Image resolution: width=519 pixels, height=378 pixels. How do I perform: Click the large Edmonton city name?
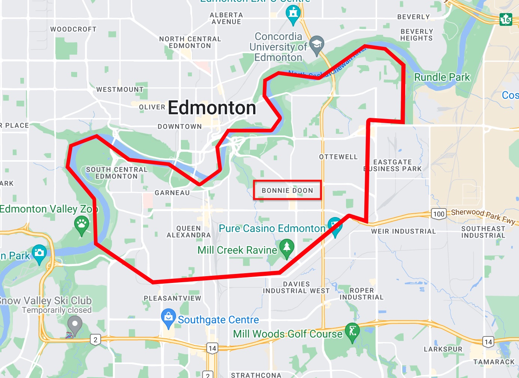point(212,108)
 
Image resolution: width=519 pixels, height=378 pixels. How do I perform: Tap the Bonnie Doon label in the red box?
point(287,190)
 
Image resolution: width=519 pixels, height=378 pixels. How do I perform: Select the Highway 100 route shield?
point(438,214)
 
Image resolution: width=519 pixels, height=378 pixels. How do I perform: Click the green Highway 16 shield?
point(506,19)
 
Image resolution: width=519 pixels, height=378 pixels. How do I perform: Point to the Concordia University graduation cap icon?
point(317,45)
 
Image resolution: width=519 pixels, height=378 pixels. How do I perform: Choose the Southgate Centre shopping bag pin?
point(169,317)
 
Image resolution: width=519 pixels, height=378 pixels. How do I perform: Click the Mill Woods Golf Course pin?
point(352,331)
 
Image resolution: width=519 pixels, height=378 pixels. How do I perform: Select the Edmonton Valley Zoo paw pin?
point(82,225)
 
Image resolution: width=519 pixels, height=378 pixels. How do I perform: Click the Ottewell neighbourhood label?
point(338,157)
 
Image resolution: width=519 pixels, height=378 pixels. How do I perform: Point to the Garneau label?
point(172,193)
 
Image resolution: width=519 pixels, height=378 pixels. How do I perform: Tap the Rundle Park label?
point(442,77)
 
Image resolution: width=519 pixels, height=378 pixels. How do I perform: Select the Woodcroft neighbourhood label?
point(73,29)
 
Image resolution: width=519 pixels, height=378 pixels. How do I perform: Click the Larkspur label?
point(443,349)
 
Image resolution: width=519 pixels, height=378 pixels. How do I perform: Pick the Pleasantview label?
point(173,298)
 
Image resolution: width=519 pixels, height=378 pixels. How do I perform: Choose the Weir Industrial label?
point(403,231)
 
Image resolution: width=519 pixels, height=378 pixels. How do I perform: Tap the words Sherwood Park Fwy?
point(483,216)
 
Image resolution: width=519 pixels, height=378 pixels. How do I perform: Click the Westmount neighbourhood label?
point(120,89)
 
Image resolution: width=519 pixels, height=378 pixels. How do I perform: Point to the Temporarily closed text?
point(57,310)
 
